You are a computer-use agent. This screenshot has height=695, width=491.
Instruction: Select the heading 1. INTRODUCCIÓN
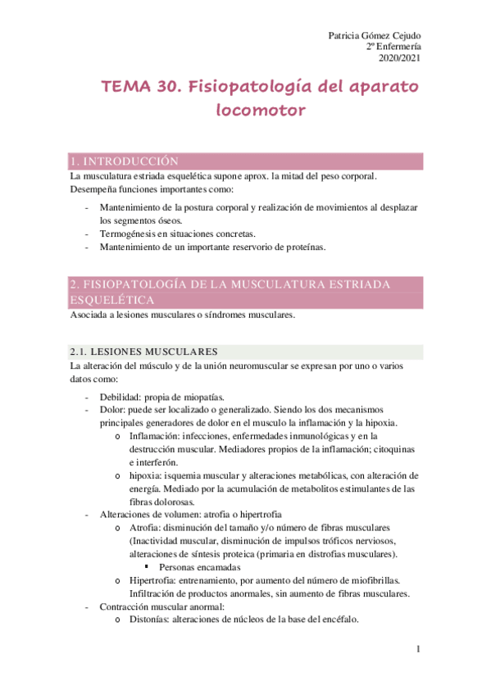click(124, 161)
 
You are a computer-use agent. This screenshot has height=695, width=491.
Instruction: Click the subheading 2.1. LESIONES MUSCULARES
click(143, 352)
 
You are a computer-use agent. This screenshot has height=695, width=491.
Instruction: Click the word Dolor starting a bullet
click(112, 409)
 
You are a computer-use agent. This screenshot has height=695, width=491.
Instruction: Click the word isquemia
click(186, 475)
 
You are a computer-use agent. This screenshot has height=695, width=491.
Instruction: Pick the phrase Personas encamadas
click(200, 566)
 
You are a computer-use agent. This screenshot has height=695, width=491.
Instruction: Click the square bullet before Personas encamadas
click(146, 566)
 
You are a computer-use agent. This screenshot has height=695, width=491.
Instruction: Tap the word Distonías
click(150, 620)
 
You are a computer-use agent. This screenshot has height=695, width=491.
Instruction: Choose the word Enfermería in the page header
click(397, 47)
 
